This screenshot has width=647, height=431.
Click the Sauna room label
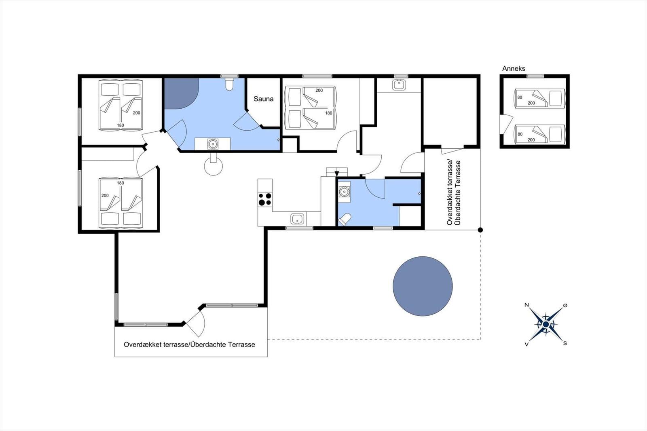tap(263, 99)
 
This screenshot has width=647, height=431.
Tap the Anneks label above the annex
tap(514, 68)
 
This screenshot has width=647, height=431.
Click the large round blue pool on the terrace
tap(423, 286)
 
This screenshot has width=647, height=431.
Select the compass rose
tap(546, 324)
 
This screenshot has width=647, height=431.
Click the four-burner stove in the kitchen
tap(265, 199)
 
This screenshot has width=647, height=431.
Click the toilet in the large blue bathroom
tap(229, 85)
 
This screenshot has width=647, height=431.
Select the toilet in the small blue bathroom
tap(345, 220)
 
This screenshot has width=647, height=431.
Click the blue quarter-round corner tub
tap(180, 92)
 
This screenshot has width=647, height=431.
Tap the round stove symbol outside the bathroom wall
tap(213, 166)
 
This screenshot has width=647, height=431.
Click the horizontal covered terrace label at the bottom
tap(189, 344)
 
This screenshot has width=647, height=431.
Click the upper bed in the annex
tap(539, 98)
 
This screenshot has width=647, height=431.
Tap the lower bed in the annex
tap(539, 134)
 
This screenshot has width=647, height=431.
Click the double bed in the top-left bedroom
tap(121, 105)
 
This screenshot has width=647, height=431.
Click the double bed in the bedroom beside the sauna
tap(310, 108)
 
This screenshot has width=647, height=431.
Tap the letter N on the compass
tap(526, 305)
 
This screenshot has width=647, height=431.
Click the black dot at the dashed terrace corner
tap(480, 230)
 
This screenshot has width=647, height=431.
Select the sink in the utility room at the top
tap(399, 85)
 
